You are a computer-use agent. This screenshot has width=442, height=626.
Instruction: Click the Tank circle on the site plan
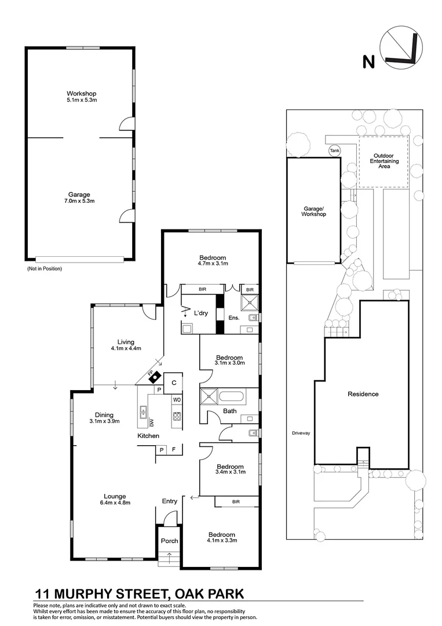tap(334, 151)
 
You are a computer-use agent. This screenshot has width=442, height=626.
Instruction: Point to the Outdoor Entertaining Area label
tap(386, 161)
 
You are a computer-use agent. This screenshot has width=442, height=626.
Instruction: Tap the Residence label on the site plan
tap(363, 394)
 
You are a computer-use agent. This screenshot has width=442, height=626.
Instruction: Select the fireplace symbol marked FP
tap(154, 377)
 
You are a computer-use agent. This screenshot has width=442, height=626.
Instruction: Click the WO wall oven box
tap(177, 399)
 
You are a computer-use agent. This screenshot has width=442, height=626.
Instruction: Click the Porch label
tap(170, 541)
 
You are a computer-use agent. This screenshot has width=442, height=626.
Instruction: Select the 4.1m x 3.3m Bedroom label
tap(222, 537)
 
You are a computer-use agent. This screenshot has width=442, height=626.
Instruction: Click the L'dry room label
tap(201, 313)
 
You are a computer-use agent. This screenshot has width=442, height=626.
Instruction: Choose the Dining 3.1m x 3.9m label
tap(104, 418)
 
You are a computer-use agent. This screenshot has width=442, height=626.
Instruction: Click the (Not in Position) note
tap(44, 269)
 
